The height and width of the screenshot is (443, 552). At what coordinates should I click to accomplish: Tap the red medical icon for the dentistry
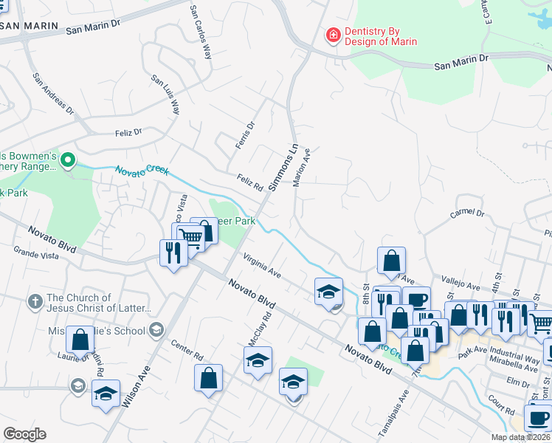pyautogui.click(x=334, y=35)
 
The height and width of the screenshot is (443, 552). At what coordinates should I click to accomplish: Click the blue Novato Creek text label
pyautogui.click(x=141, y=171)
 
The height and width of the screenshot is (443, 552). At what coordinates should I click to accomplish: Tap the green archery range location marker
pyautogui.click(x=68, y=159)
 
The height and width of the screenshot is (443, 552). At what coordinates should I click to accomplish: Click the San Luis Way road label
pyautogui.click(x=165, y=94)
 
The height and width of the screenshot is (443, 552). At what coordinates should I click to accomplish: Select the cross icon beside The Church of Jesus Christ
pyautogui.click(x=34, y=301)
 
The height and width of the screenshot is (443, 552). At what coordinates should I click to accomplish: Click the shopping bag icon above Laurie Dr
pyautogui.click(x=80, y=339)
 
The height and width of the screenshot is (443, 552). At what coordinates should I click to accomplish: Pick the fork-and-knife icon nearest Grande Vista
pyautogui.click(x=173, y=253)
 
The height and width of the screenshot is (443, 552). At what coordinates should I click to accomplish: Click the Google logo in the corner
pyautogui.click(x=24, y=434)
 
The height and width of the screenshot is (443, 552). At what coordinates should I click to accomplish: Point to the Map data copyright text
pyautogui.click(x=520, y=437)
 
